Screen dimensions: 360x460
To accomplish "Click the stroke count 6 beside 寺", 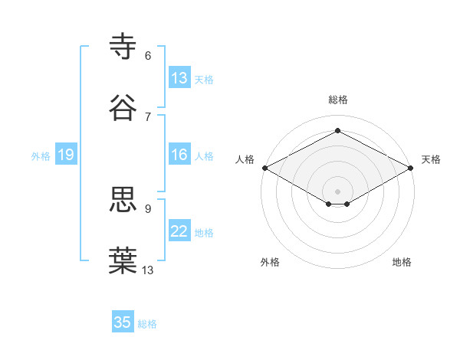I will [148, 55].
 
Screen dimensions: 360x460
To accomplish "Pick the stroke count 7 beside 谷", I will [148, 116].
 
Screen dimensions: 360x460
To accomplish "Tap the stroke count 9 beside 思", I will [148, 208].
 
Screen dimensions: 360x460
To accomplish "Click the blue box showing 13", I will [179, 78].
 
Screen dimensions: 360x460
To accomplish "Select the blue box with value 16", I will [179, 155].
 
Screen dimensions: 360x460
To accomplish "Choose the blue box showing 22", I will [179, 231].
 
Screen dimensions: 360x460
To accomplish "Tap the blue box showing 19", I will [66, 155].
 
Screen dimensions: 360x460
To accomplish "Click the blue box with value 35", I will [123, 322].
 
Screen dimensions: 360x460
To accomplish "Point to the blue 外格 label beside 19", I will [41, 155].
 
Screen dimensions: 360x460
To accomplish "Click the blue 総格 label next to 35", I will [147, 324].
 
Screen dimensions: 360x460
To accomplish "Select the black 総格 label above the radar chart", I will [338, 100].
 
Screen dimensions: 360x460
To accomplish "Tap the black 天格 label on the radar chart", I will [431, 159].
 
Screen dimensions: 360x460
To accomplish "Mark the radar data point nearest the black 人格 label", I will [264, 168].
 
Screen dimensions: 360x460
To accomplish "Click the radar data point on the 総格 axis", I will [338, 131].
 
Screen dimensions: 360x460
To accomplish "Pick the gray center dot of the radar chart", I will [338, 190].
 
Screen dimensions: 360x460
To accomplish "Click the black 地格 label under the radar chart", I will [402, 262].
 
